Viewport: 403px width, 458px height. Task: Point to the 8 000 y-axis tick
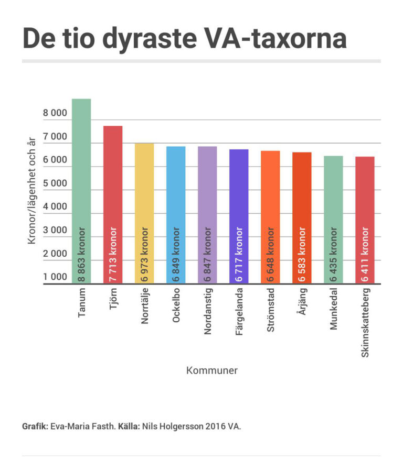pos(55,113)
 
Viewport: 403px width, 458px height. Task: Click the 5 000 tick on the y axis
pos(55,183)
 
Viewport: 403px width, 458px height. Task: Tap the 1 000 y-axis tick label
pos(55,277)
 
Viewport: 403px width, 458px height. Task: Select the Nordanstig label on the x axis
pos(207,312)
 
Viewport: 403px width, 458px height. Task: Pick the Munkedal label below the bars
pos(333,309)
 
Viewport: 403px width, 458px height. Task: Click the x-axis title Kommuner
pos(212,370)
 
